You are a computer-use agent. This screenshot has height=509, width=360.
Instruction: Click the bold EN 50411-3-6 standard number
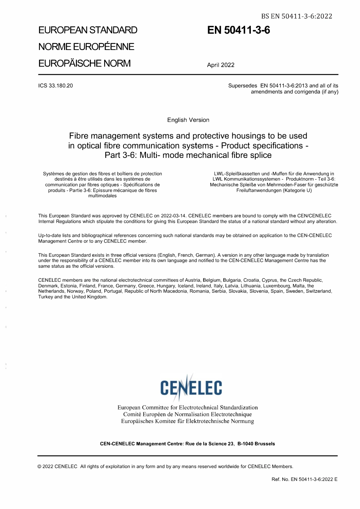click(x=238, y=30)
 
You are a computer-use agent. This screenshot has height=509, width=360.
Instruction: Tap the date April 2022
click(x=221, y=65)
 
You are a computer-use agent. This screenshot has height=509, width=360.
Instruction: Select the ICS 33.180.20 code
click(x=55, y=86)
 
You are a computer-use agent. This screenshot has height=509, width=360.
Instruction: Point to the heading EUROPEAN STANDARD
click(x=88, y=30)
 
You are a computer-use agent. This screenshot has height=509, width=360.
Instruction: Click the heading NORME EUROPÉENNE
click(x=86, y=47)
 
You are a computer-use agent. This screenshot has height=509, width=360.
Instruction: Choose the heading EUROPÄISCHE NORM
click(x=84, y=63)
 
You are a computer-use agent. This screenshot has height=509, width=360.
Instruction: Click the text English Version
click(x=188, y=120)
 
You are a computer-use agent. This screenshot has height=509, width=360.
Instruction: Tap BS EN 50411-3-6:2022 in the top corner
click(x=296, y=16)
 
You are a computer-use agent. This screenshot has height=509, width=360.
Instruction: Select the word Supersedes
click(x=243, y=86)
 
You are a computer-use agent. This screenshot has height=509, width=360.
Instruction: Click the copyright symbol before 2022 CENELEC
click(x=39, y=467)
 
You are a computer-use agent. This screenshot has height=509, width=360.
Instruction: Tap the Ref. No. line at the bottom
click(x=304, y=479)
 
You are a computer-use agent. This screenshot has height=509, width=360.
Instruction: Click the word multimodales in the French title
click(x=102, y=196)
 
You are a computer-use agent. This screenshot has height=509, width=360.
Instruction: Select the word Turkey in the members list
click(x=45, y=297)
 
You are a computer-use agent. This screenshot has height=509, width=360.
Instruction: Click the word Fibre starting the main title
click(x=79, y=136)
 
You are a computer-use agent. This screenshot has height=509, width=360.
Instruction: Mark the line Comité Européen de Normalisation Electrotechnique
click(x=188, y=414)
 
